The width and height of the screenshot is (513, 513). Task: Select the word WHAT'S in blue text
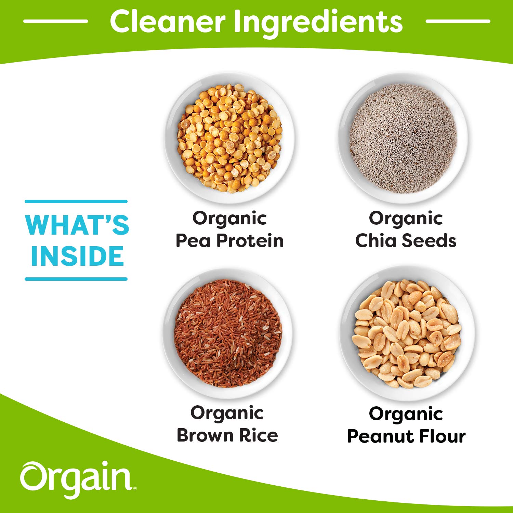click(x=77, y=225)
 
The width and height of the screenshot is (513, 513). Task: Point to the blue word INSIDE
click(x=77, y=256)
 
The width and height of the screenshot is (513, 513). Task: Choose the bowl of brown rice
click(x=228, y=333)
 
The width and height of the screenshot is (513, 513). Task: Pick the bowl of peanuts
click(x=407, y=333)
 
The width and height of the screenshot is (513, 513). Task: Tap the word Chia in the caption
click(x=376, y=240)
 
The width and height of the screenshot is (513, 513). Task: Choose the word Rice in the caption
click(x=258, y=435)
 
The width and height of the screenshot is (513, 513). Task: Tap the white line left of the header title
click(x=55, y=21)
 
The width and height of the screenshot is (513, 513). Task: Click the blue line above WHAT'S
click(x=76, y=202)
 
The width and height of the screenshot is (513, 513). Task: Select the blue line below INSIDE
click(x=76, y=279)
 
